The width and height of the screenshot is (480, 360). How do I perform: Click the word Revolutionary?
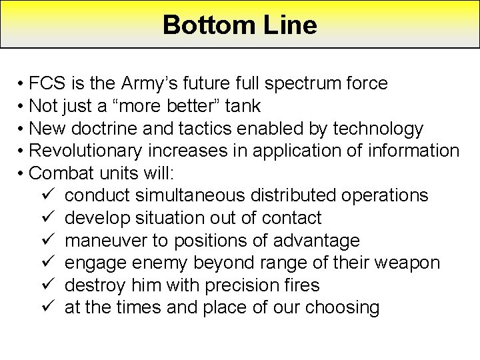tap(93, 151)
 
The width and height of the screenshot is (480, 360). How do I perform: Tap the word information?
tap(412, 151)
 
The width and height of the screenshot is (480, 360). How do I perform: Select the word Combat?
tap(59, 173)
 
